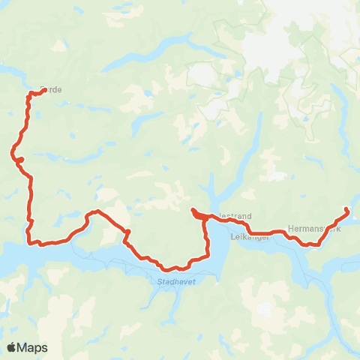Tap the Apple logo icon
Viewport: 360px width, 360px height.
(11, 347)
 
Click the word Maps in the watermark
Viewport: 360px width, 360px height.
(33, 347)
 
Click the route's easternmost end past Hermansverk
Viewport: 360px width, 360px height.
(346, 209)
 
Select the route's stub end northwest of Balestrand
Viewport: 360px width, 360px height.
(193, 210)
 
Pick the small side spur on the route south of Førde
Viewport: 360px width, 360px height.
(21, 159)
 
